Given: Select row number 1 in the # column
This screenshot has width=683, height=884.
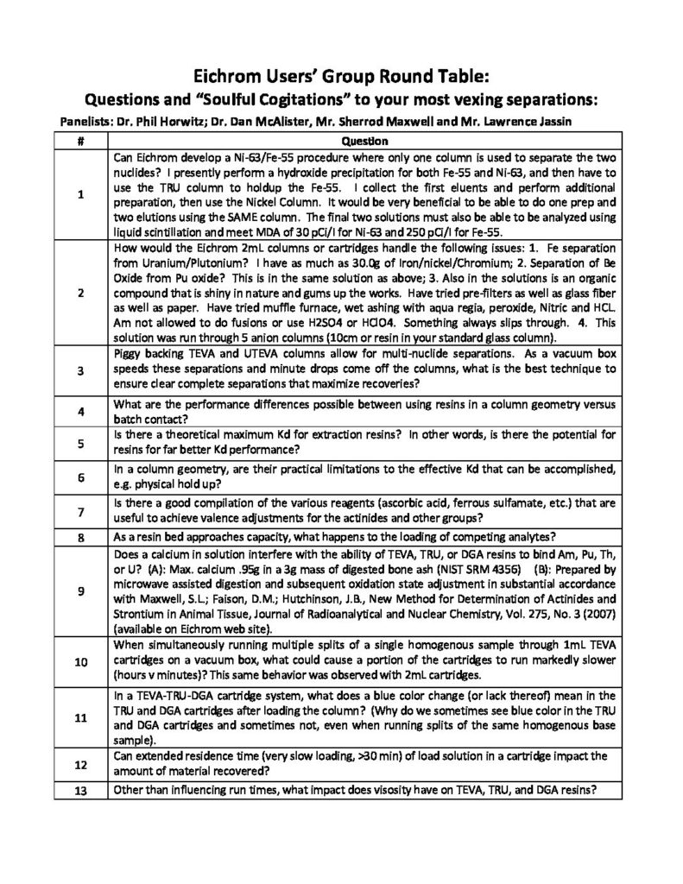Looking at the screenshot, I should (x=80, y=195).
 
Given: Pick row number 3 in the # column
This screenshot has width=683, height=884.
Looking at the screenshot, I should (x=80, y=369).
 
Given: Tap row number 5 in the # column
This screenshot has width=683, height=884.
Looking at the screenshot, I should (x=80, y=445).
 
